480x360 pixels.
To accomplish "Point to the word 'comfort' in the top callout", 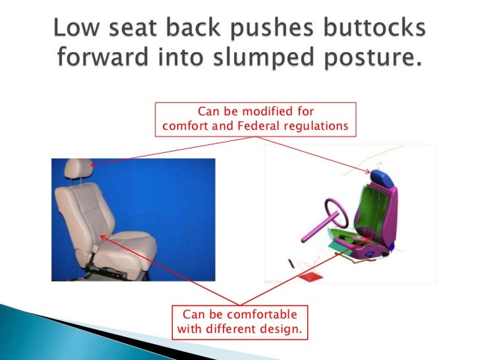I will click(183, 125).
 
